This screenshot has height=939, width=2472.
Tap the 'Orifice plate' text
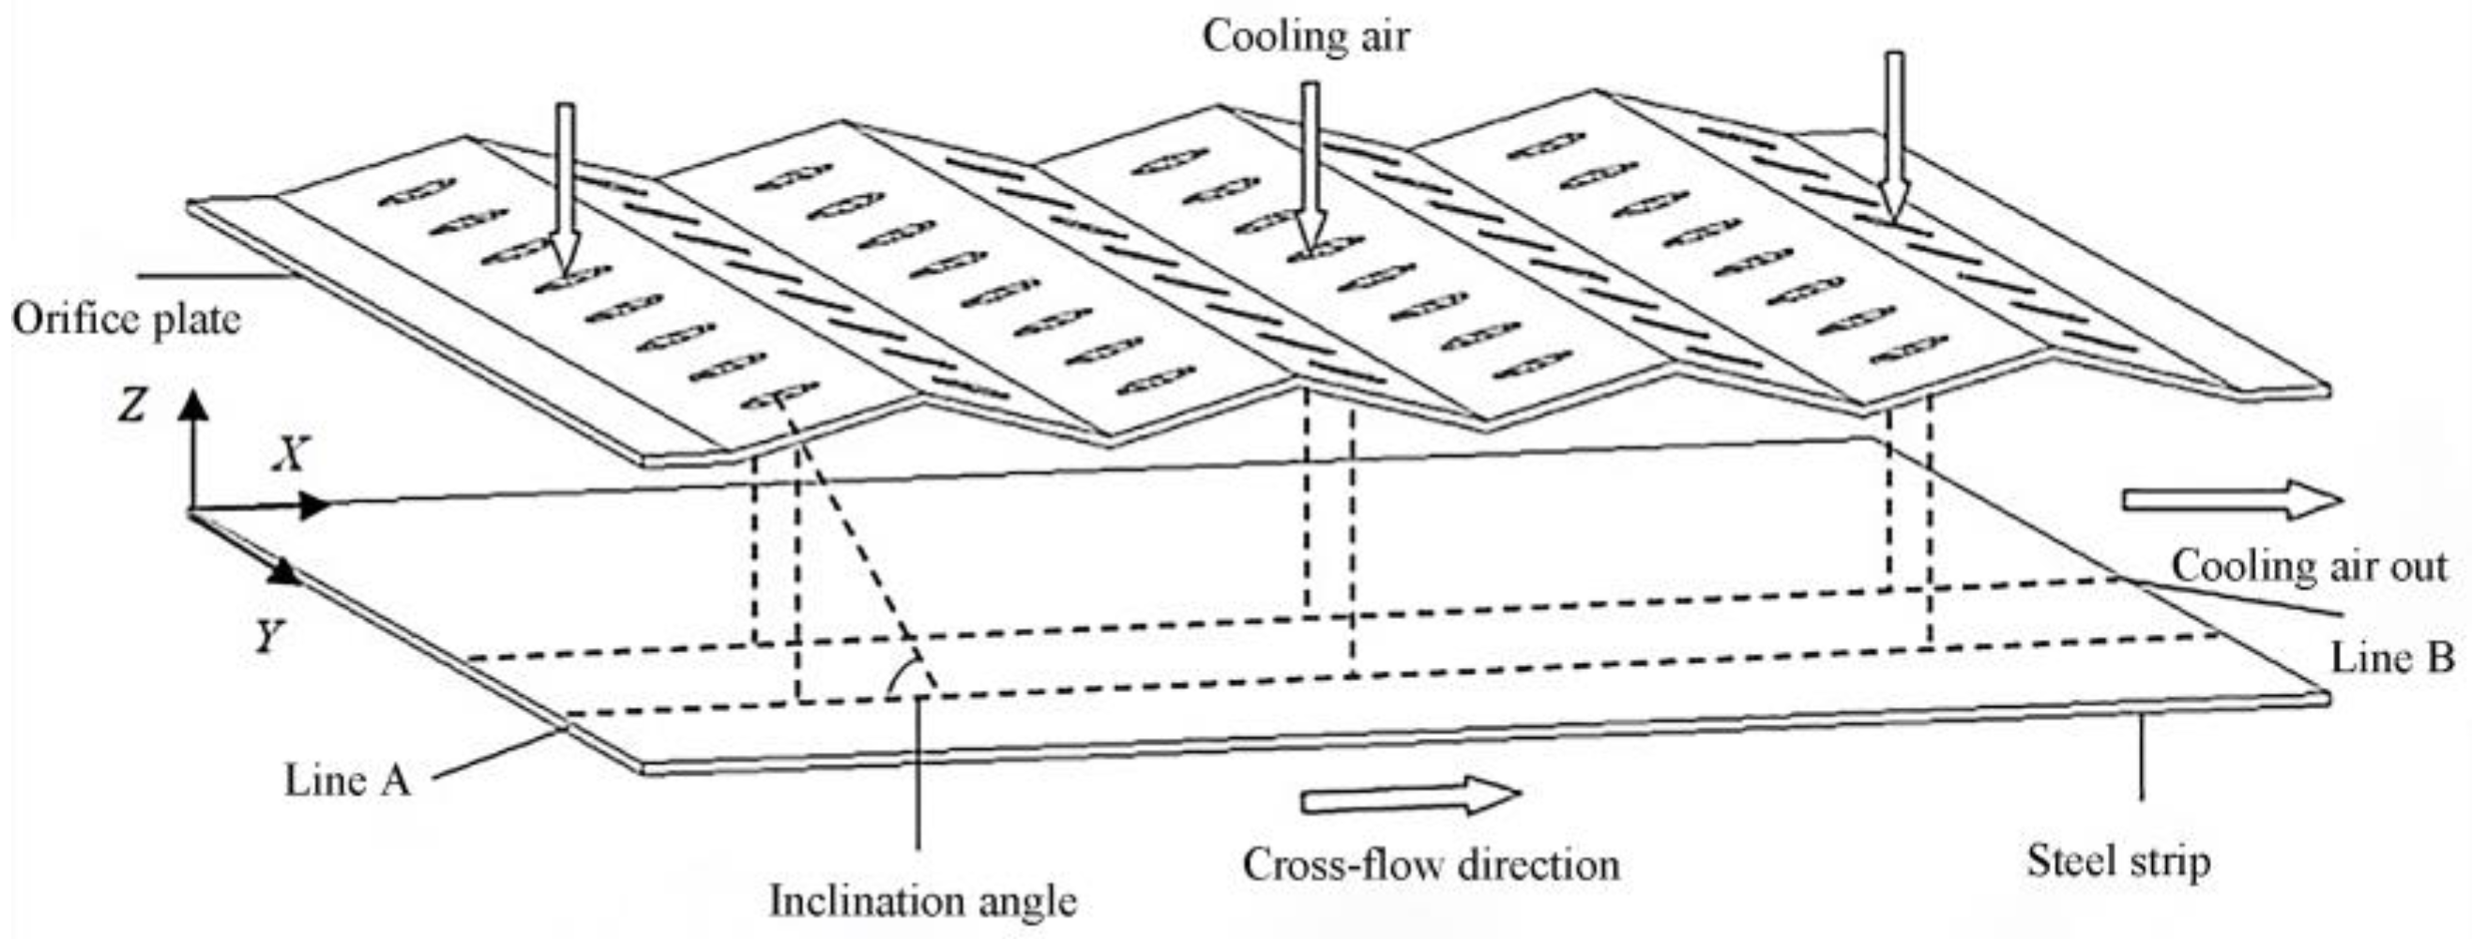126,319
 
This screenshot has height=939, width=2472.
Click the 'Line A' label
347,780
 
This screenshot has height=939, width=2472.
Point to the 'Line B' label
2392,658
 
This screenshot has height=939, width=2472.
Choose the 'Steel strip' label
2118,860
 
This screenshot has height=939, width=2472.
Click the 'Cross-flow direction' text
1431,864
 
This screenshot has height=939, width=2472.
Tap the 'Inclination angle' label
923,901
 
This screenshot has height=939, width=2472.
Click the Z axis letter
131,406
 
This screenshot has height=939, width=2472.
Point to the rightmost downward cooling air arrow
1893,134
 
